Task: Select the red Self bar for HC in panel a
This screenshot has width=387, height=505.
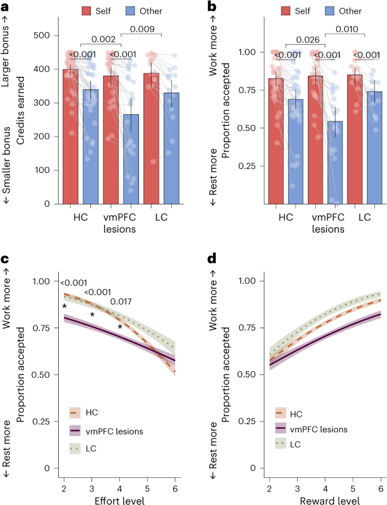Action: click(71, 136)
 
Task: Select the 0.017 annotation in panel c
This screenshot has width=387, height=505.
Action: click(122, 302)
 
